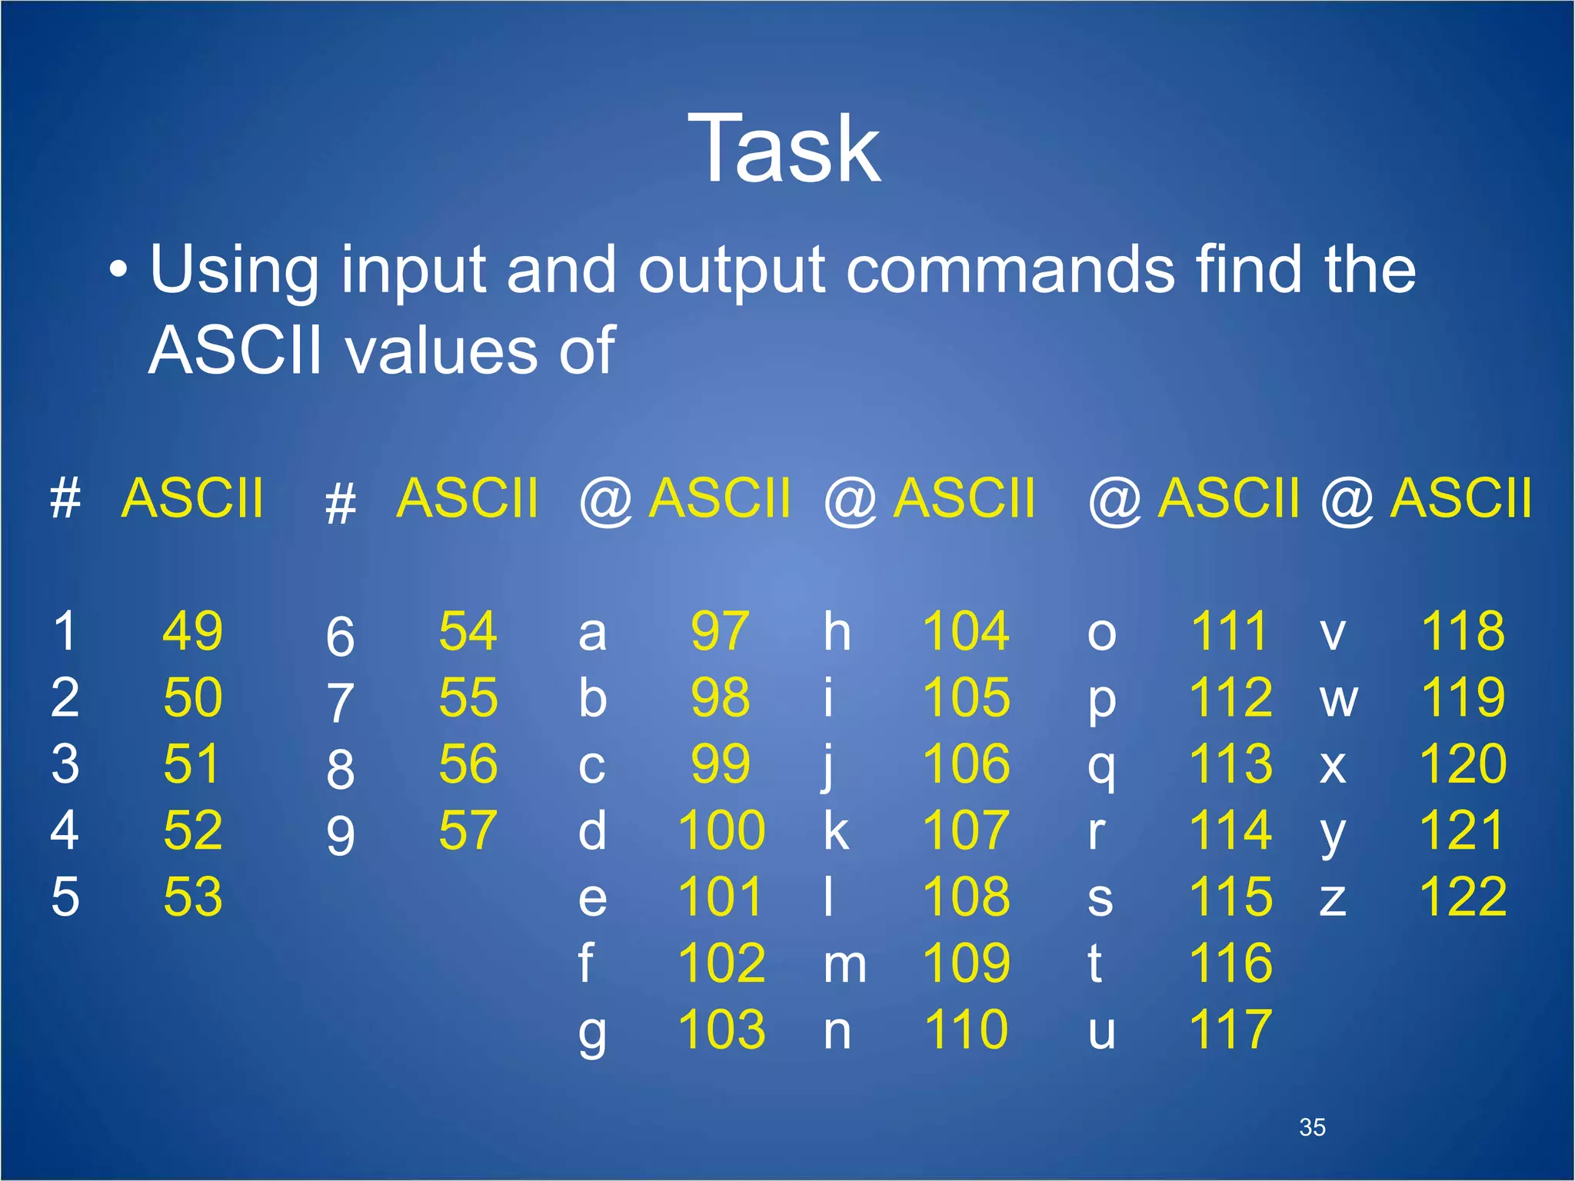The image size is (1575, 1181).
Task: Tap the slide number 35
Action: pyautogui.click(x=1312, y=1127)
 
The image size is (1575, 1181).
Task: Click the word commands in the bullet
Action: pyautogui.click(x=1011, y=270)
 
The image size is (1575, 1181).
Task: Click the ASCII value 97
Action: pyautogui.click(x=719, y=631)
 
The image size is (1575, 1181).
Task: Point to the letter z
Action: pyautogui.click(x=1332, y=899)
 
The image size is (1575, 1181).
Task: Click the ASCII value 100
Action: pyautogui.click(x=721, y=830)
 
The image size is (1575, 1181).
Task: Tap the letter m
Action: pyautogui.click(x=844, y=965)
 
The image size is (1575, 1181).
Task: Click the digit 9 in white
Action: pyautogui.click(x=340, y=836)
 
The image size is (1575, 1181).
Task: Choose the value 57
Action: pyautogui.click(x=468, y=830)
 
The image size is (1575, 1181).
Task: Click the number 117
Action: pyautogui.click(x=1230, y=1030)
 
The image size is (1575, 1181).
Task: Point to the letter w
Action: pyautogui.click(x=1338, y=699)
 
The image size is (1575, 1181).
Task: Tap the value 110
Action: pyautogui.click(x=966, y=1030)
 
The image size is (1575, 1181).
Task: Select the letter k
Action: pyautogui.click(x=836, y=830)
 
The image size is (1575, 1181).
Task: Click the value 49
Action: pyautogui.click(x=192, y=631)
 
